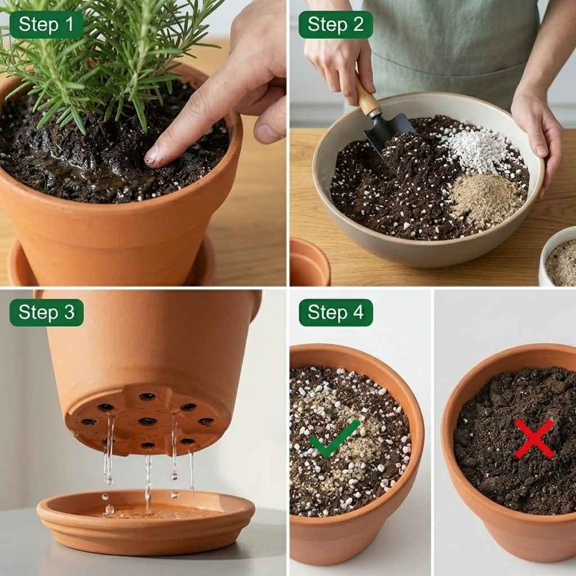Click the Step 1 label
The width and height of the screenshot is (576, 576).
(46, 25)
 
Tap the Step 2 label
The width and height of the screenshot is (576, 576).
(335, 25)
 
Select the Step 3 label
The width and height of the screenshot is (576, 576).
(46, 313)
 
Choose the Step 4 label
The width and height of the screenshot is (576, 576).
(335, 313)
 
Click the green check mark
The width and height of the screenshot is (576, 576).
(334, 438)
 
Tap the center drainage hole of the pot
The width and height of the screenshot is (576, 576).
(147, 421)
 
